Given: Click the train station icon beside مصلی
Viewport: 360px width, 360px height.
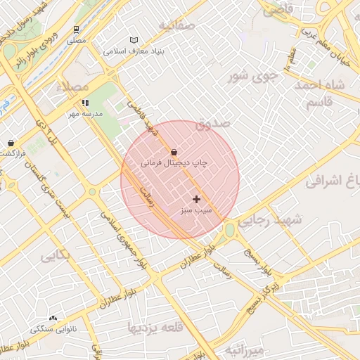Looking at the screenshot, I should [75, 30].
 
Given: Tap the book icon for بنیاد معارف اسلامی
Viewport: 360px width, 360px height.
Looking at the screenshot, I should [134, 40].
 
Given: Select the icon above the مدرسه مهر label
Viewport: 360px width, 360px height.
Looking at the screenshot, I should [85, 103].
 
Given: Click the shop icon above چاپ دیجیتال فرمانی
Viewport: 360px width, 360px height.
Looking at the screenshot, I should [174, 151].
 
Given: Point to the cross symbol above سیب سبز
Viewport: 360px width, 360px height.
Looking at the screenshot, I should [196, 199].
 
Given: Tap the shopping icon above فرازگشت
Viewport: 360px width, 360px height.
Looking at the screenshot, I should [11, 143].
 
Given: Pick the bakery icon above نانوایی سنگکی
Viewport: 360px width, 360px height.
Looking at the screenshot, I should [53, 319].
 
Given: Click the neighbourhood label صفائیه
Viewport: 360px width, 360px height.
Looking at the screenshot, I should [176, 26].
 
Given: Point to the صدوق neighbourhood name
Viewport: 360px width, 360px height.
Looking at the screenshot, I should [213, 124].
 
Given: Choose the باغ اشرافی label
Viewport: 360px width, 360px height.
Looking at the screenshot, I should [333, 181].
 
